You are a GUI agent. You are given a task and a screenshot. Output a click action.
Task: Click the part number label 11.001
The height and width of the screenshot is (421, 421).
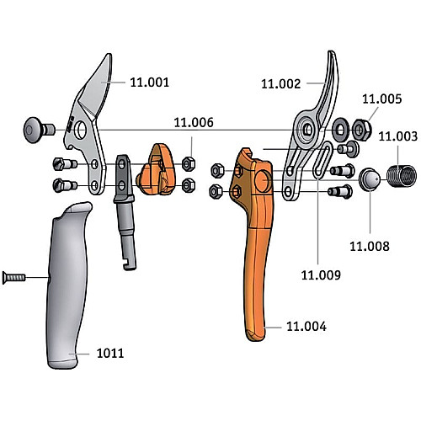(150, 83)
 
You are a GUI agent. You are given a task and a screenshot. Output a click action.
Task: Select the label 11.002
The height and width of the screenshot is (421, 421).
(280, 84)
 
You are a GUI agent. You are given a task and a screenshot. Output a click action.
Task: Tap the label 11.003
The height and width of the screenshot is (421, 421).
(397, 136)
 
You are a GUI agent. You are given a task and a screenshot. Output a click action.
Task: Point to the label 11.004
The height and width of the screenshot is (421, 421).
(306, 327)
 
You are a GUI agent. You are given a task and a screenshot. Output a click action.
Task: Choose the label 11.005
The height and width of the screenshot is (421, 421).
(381, 99)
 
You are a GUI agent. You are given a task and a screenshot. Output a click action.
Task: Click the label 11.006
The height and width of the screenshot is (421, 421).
(194, 122)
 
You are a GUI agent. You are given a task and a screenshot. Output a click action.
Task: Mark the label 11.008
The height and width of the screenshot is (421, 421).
(370, 247)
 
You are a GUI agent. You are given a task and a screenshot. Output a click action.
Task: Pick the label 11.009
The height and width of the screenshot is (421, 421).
(321, 275)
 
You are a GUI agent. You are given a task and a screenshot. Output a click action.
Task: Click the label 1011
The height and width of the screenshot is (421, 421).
(110, 354)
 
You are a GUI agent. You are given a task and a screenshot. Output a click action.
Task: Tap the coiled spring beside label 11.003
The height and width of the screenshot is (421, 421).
(402, 176)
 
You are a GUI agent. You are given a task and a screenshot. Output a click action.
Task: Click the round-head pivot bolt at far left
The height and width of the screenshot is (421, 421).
(39, 130)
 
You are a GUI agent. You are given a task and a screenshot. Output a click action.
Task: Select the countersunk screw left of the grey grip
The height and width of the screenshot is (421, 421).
(14, 278)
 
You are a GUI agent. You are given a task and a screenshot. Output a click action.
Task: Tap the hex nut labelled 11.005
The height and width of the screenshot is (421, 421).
(362, 130)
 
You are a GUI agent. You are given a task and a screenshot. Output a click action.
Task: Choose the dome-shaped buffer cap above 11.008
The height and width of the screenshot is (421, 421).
(370, 180)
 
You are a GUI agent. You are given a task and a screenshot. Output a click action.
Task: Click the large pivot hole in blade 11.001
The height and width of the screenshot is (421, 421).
(81, 130)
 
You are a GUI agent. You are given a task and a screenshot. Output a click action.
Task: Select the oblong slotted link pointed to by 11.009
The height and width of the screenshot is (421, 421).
(322, 160)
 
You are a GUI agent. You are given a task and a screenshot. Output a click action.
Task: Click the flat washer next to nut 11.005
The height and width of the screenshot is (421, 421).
(340, 130)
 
